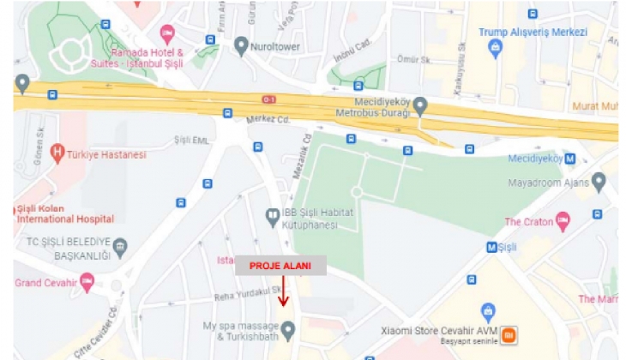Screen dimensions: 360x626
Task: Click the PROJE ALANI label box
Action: (x=280, y=266)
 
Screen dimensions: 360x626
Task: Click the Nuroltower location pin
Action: (x=241, y=45)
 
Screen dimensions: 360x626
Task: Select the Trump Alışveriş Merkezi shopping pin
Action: (x=494, y=49)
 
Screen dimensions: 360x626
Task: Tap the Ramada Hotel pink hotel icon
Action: (x=166, y=33)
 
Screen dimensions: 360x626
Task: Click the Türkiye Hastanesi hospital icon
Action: (x=57, y=154)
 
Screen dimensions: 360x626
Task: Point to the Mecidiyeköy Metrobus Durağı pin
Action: (x=419, y=105)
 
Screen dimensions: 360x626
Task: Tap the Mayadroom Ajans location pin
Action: (x=599, y=182)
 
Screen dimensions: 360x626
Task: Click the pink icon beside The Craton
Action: (x=563, y=222)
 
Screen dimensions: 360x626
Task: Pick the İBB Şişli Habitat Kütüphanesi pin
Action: (x=272, y=213)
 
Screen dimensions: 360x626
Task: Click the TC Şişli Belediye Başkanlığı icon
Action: (x=120, y=248)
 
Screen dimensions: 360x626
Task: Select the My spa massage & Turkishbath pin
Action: (x=289, y=330)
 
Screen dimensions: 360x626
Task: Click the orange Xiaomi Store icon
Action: (x=508, y=333)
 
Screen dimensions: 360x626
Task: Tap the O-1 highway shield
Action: (x=269, y=99)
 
